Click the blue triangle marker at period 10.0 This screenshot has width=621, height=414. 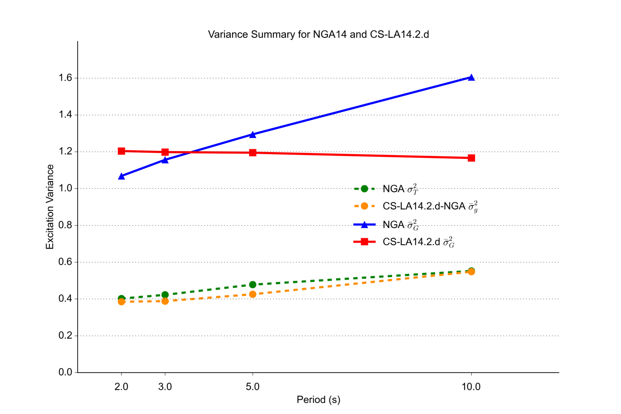tap(471, 78)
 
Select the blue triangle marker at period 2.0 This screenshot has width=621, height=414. tap(122, 176)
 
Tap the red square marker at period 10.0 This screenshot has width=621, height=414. tap(471, 158)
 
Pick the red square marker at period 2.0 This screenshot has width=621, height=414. tap(122, 151)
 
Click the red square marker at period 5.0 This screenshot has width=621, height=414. tap(253, 153)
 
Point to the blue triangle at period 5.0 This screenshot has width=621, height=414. tap(253, 135)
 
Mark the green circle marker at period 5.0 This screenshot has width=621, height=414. tap(253, 285)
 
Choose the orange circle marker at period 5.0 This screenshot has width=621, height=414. tap(253, 294)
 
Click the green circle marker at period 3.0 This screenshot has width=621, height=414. tap(165, 295)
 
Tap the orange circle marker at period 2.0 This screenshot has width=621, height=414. tap(122, 302)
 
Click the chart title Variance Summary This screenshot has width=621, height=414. tap(318, 35)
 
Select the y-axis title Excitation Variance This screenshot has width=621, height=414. tap(50, 207)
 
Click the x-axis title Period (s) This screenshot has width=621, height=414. tap(318, 400)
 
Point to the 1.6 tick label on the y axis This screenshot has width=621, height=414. tap(66, 78)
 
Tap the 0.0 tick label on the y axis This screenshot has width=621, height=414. tap(66, 372)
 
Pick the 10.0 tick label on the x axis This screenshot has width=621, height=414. tap(471, 387)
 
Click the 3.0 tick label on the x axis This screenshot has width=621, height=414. tap(165, 387)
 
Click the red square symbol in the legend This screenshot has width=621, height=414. tap(364, 242)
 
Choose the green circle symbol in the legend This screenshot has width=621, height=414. tap(364, 189)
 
